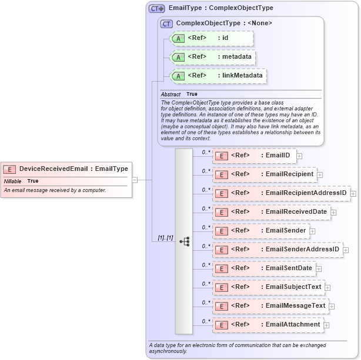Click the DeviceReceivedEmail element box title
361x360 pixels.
pyautogui.click(x=66, y=169)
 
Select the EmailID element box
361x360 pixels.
pyautogui.click(x=254, y=156)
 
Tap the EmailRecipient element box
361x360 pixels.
pyautogui.click(x=264, y=174)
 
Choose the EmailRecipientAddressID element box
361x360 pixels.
pyautogui.click(x=280, y=193)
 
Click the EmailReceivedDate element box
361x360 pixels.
pyautogui.click(x=270, y=212)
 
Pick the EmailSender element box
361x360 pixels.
pyautogui.click(x=260, y=231)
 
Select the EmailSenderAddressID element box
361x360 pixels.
pyautogui.click(x=277, y=250)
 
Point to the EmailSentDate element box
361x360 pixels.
pyautogui.click(x=263, y=268)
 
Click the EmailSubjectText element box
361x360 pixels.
pyautogui.click(x=268, y=287)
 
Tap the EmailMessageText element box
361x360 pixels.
pyautogui.click(x=270, y=306)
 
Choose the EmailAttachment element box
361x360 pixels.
pyautogui.click(x=268, y=325)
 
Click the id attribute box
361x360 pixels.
pyautogui.click(x=211, y=38)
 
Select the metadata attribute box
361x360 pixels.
pyautogui.click(x=212, y=57)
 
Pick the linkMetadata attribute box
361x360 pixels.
pyautogui.click(x=218, y=76)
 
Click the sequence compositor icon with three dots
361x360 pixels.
pyautogui.click(x=184, y=241)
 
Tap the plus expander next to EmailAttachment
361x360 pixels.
pyautogui.click(x=326, y=325)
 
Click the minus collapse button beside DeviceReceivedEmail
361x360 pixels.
pyautogui.click(x=135, y=180)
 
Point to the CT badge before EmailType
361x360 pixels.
pyautogui.click(x=156, y=9)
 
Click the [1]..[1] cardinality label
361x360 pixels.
pyautogui.click(x=165, y=238)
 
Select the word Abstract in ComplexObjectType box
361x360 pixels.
pyautogui.click(x=171, y=95)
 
